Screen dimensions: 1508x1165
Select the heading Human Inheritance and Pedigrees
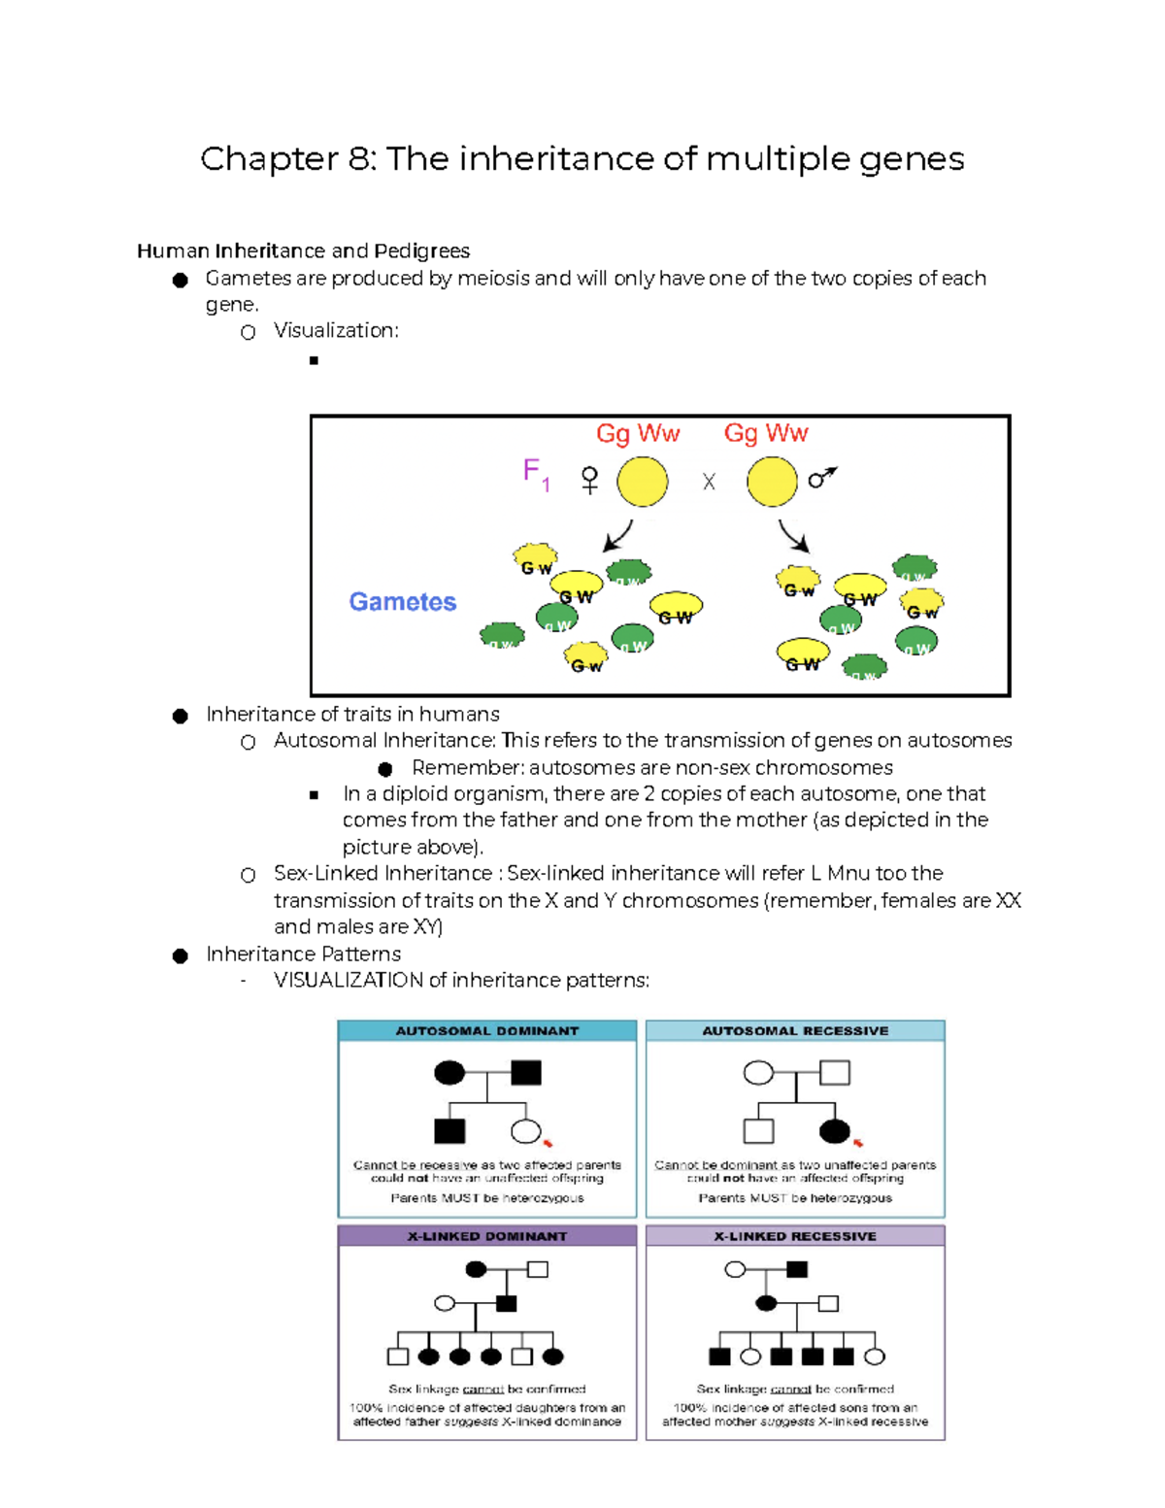(x=303, y=251)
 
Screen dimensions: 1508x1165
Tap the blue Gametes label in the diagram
(x=402, y=602)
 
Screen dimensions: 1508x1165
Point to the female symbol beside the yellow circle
(x=589, y=481)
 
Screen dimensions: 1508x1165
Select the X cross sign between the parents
(x=709, y=483)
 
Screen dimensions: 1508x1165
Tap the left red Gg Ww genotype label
(x=638, y=434)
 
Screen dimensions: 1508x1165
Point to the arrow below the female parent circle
(x=617, y=536)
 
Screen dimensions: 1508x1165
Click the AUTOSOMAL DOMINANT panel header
(x=486, y=1031)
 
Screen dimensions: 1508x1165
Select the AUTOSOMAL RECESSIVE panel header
(x=795, y=1031)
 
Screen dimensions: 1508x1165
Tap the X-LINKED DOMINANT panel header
(x=486, y=1236)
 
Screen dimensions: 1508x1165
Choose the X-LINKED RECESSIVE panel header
(x=795, y=1236)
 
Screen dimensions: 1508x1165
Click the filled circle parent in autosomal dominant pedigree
(x=449, y=1073)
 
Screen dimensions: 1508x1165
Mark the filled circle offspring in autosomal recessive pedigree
(x=835, y=1131)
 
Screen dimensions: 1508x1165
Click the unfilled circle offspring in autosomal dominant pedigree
(x=525, y=1131)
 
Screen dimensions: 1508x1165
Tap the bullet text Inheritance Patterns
(x=303, y=955)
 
